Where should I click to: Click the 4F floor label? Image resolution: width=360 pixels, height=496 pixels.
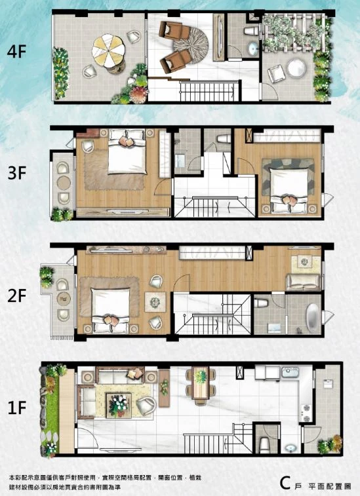pos(16,52)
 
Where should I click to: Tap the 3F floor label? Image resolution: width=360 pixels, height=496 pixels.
pos(17,173)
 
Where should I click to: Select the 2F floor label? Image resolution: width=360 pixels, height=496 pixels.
pos(17,296)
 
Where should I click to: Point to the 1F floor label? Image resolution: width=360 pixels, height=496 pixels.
pos(17,408)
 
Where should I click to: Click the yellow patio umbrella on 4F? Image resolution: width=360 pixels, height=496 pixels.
pos(109,50)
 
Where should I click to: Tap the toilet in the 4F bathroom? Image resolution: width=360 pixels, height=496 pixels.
pos(252,31)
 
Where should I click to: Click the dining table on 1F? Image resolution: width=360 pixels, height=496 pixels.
pos(201,383)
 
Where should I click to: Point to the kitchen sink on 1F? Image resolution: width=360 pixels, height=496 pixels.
pos(290,372)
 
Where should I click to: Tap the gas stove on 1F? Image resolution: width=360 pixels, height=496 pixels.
pos(306,413)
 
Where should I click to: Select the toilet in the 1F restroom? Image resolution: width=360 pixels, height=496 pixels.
pos(264,444)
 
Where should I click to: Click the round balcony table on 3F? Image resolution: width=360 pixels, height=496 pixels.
pos(64,183)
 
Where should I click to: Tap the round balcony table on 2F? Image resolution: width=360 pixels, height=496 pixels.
pos(64,299)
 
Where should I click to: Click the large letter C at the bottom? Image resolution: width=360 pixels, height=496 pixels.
pos(285,483)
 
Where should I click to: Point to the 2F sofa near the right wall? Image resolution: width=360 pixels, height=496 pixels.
pos(303,282)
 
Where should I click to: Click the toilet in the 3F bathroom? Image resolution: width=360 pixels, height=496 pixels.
pos(224,138)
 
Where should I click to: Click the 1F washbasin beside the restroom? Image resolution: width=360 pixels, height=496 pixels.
pos(290,448)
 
